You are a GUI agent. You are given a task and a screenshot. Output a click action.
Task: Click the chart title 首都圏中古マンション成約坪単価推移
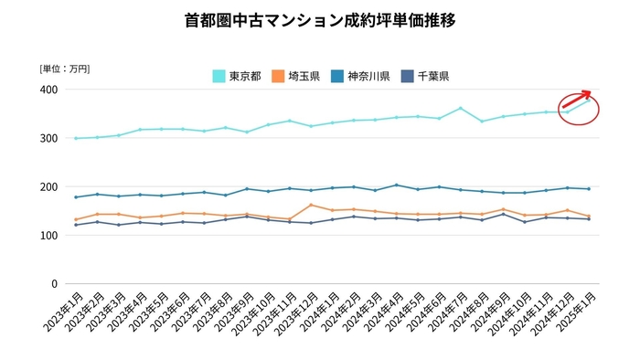[x=320, y=19]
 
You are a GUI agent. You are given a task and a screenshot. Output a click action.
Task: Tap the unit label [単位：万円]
[x=64, y=69]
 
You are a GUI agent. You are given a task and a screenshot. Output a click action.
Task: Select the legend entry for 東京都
[x=240, y=76]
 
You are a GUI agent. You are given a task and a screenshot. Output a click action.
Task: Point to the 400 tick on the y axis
[x=48, y=90]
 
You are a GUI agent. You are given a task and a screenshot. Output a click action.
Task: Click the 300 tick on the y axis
[x=48, y=138]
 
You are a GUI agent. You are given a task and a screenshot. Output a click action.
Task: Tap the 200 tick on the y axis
[x=48, y=186]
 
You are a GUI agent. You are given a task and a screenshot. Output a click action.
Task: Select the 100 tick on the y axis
[x=48, y=235]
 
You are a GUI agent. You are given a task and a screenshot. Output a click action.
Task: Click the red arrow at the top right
[x=576, y=100]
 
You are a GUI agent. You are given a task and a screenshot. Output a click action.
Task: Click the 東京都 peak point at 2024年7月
[x=460, y=108]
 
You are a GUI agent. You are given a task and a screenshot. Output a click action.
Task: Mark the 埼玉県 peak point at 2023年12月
[x=311, y=205]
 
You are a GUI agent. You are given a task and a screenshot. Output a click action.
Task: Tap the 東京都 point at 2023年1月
[x=75, y=138]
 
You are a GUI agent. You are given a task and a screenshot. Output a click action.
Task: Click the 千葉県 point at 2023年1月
[x=75, y=225]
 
